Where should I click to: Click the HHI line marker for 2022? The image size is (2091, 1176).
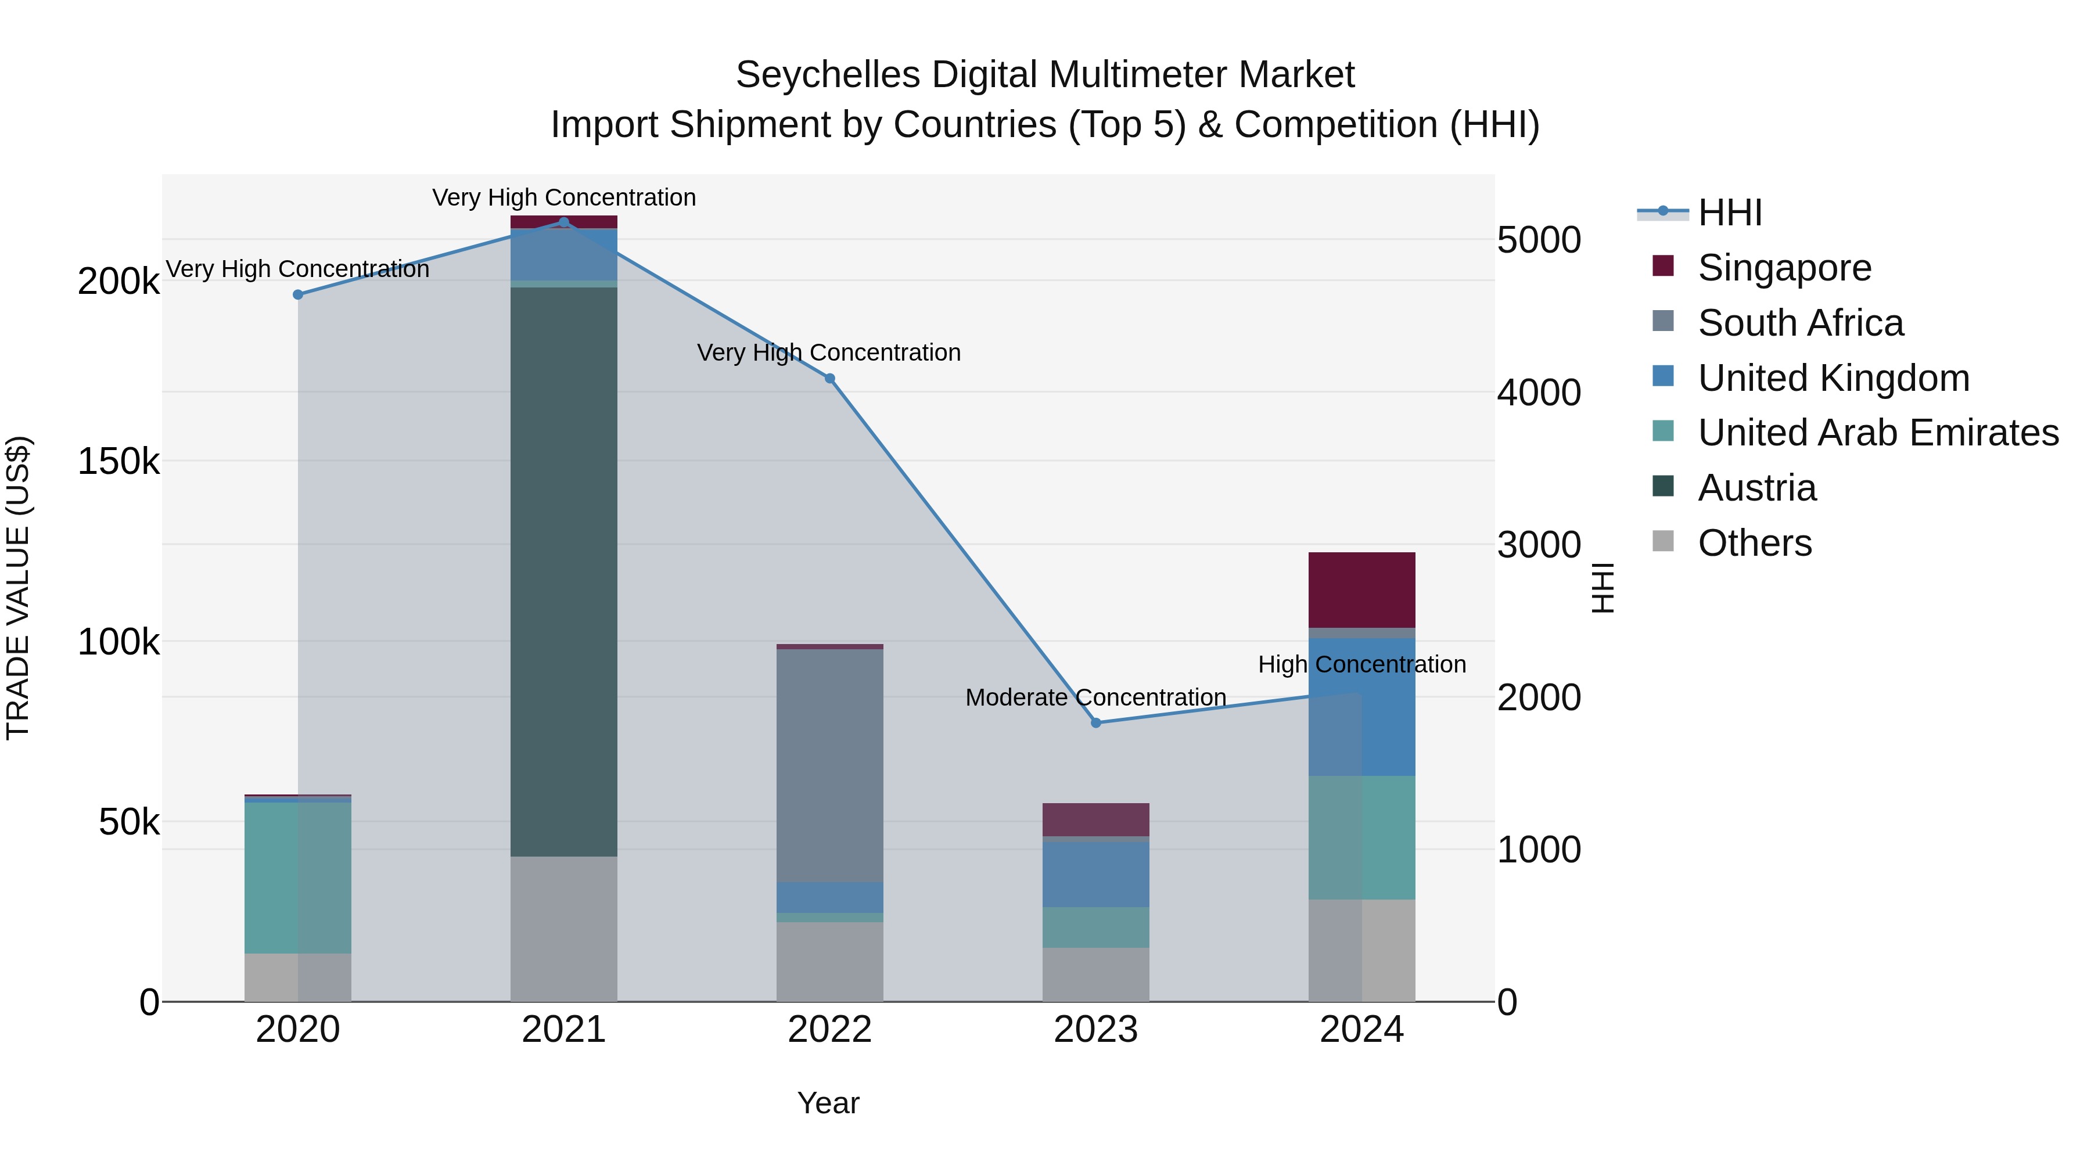pyautogui.click(x=829, y=378)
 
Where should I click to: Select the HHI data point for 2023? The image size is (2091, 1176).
pyautogui.click(x=1096, y=722)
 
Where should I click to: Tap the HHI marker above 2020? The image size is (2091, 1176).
pyautogui.click(x=298, y=294)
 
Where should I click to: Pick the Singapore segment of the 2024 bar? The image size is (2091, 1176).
pyautogui.click(x=1361, y=589)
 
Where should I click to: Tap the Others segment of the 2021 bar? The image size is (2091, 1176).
pyautogui.click(x=563, y=929)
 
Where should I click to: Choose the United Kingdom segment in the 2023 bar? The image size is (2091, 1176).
pyautogui.click(x=1096, y=873)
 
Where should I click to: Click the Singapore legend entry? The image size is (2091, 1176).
pyautogui.click(x=1784, y=268)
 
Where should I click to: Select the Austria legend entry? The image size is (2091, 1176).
pyautogui.click(x=1756, y=488)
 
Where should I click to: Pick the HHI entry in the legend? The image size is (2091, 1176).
pyautogui.click(x=1729, y=213)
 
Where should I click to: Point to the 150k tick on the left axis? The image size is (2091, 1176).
pyautogui.click(x=118, y=462)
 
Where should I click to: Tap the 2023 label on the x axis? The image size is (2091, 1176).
pyautogui.click(x=1096, y=1030)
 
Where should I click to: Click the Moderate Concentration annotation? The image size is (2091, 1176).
pyautogui.click(x=1096, y=697)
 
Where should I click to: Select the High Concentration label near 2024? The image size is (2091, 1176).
pyautogui.click(x=1361, y=664)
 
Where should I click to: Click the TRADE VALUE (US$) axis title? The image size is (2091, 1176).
pyautogui.click(x=18, y=588)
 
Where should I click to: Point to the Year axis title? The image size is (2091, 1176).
pyautogui.click(x=828, y=1103)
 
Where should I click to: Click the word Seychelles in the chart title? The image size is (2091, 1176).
pyautogui.click(x=827, y=75)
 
